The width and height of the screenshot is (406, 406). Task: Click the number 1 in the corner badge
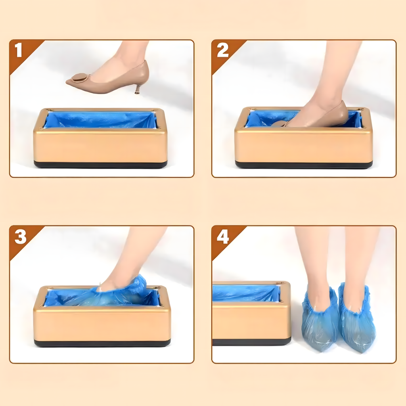click(18, 51)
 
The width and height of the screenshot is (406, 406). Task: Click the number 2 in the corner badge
click(222, 51)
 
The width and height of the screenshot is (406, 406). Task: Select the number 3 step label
click(20, 237)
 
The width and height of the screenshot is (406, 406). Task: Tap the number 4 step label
click(222, 237)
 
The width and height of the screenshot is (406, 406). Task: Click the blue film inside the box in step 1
click(99, 120)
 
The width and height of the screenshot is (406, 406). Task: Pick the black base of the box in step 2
click(303, 165)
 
